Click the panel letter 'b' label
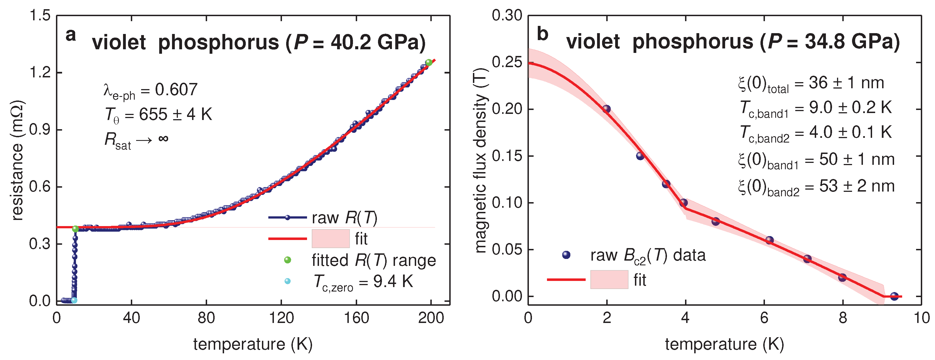point(542,35)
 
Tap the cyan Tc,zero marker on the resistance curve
point(74,300)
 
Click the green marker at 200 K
point(429,62)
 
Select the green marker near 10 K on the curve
point(75,229)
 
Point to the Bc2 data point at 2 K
point(607,109)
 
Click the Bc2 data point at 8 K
point(842,278)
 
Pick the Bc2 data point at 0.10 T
point(684,202)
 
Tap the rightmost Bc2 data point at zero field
point(894,296)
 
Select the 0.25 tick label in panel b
point(507,62)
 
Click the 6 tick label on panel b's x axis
point(764,318)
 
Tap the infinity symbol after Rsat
point(163,138)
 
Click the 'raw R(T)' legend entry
point(344,218)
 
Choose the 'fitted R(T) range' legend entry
point(374,260)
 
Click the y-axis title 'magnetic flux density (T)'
point(481,160)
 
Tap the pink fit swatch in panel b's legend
point(609,280)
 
